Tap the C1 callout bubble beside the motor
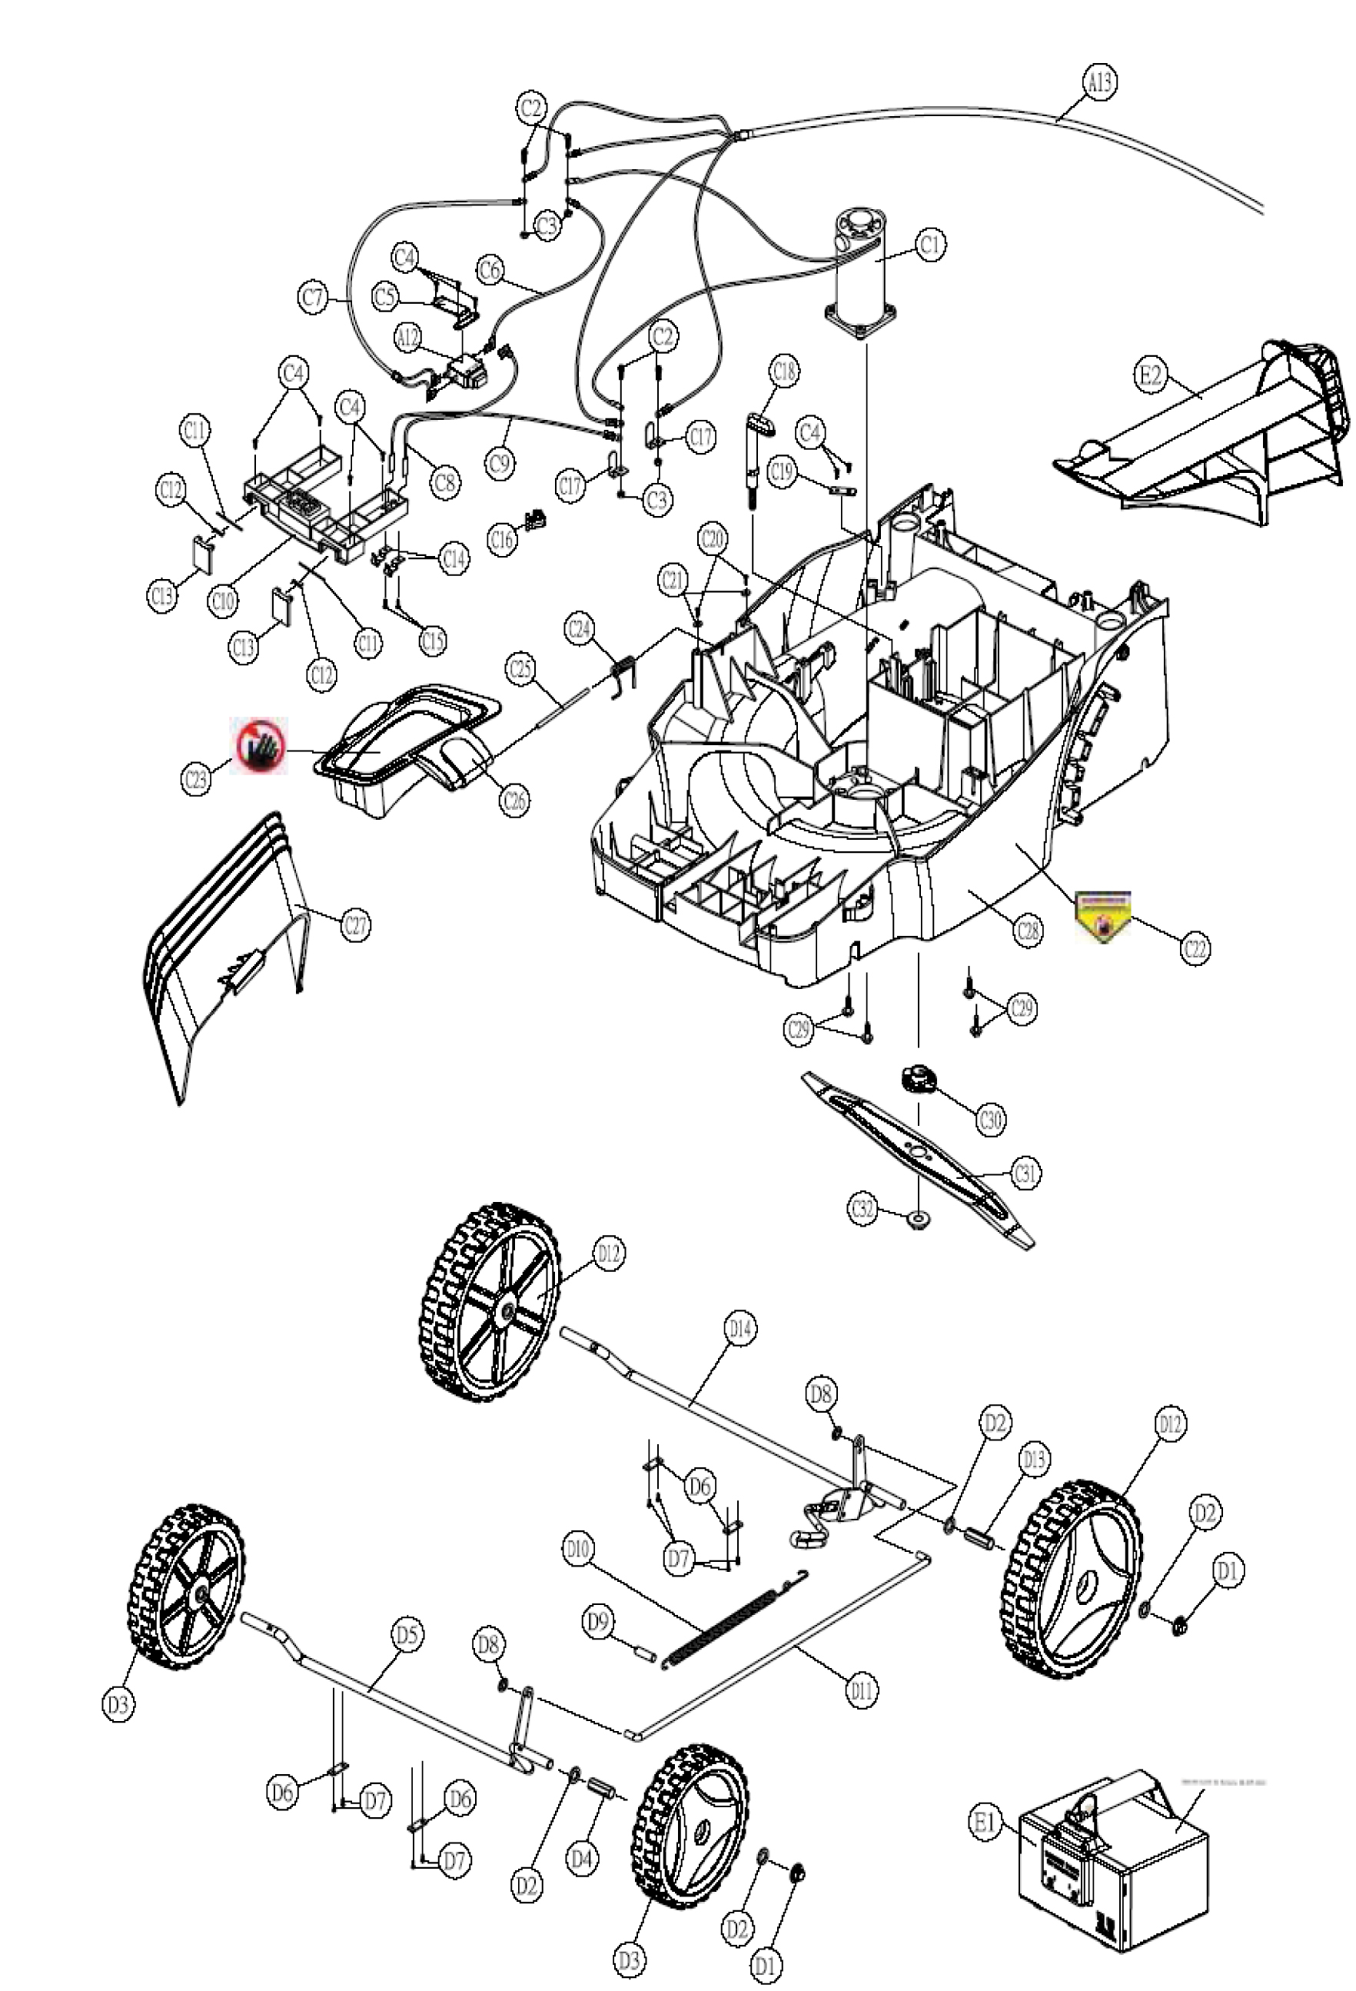point(930,245)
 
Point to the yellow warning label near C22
point(1103,916)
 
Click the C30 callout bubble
point(991,1119)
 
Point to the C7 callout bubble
point(314,298)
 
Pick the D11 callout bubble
point(862,1690)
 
